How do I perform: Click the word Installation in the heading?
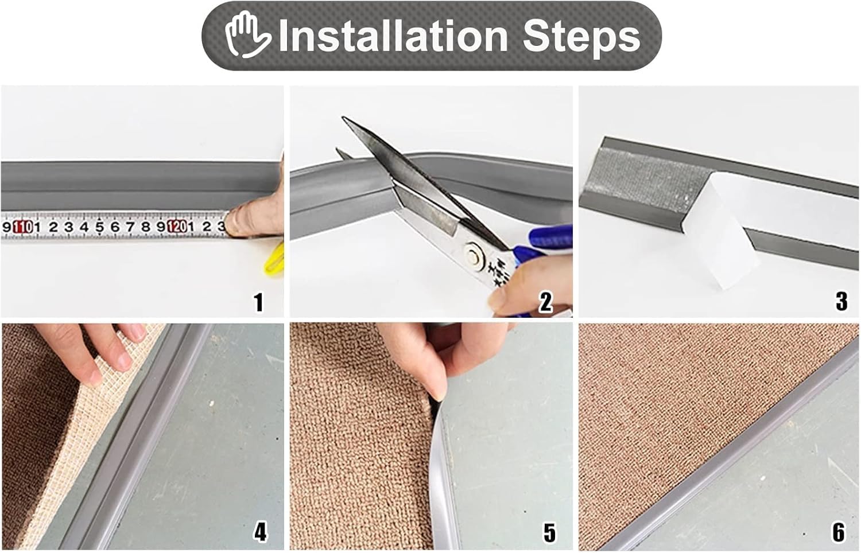point(393,36)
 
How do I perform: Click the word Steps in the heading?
point(581,36)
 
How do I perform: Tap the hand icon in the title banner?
point(247,36)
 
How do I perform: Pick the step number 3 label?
point(841,301)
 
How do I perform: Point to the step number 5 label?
point(549,533)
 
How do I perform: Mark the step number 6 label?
point(839,532)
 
